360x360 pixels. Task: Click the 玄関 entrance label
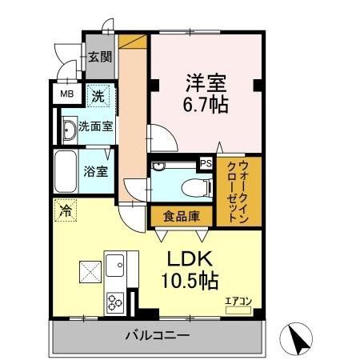click(99, 57)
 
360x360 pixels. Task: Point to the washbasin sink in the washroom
click(69, 128)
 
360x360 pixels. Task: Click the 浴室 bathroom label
click(98, 170)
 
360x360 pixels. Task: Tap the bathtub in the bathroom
click(66, 170)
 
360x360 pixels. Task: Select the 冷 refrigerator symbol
click(64, 212)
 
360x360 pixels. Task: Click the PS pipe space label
click(205, 163)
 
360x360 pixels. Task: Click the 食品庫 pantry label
click(181, 217)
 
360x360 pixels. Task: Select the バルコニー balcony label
click(157, 334)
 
